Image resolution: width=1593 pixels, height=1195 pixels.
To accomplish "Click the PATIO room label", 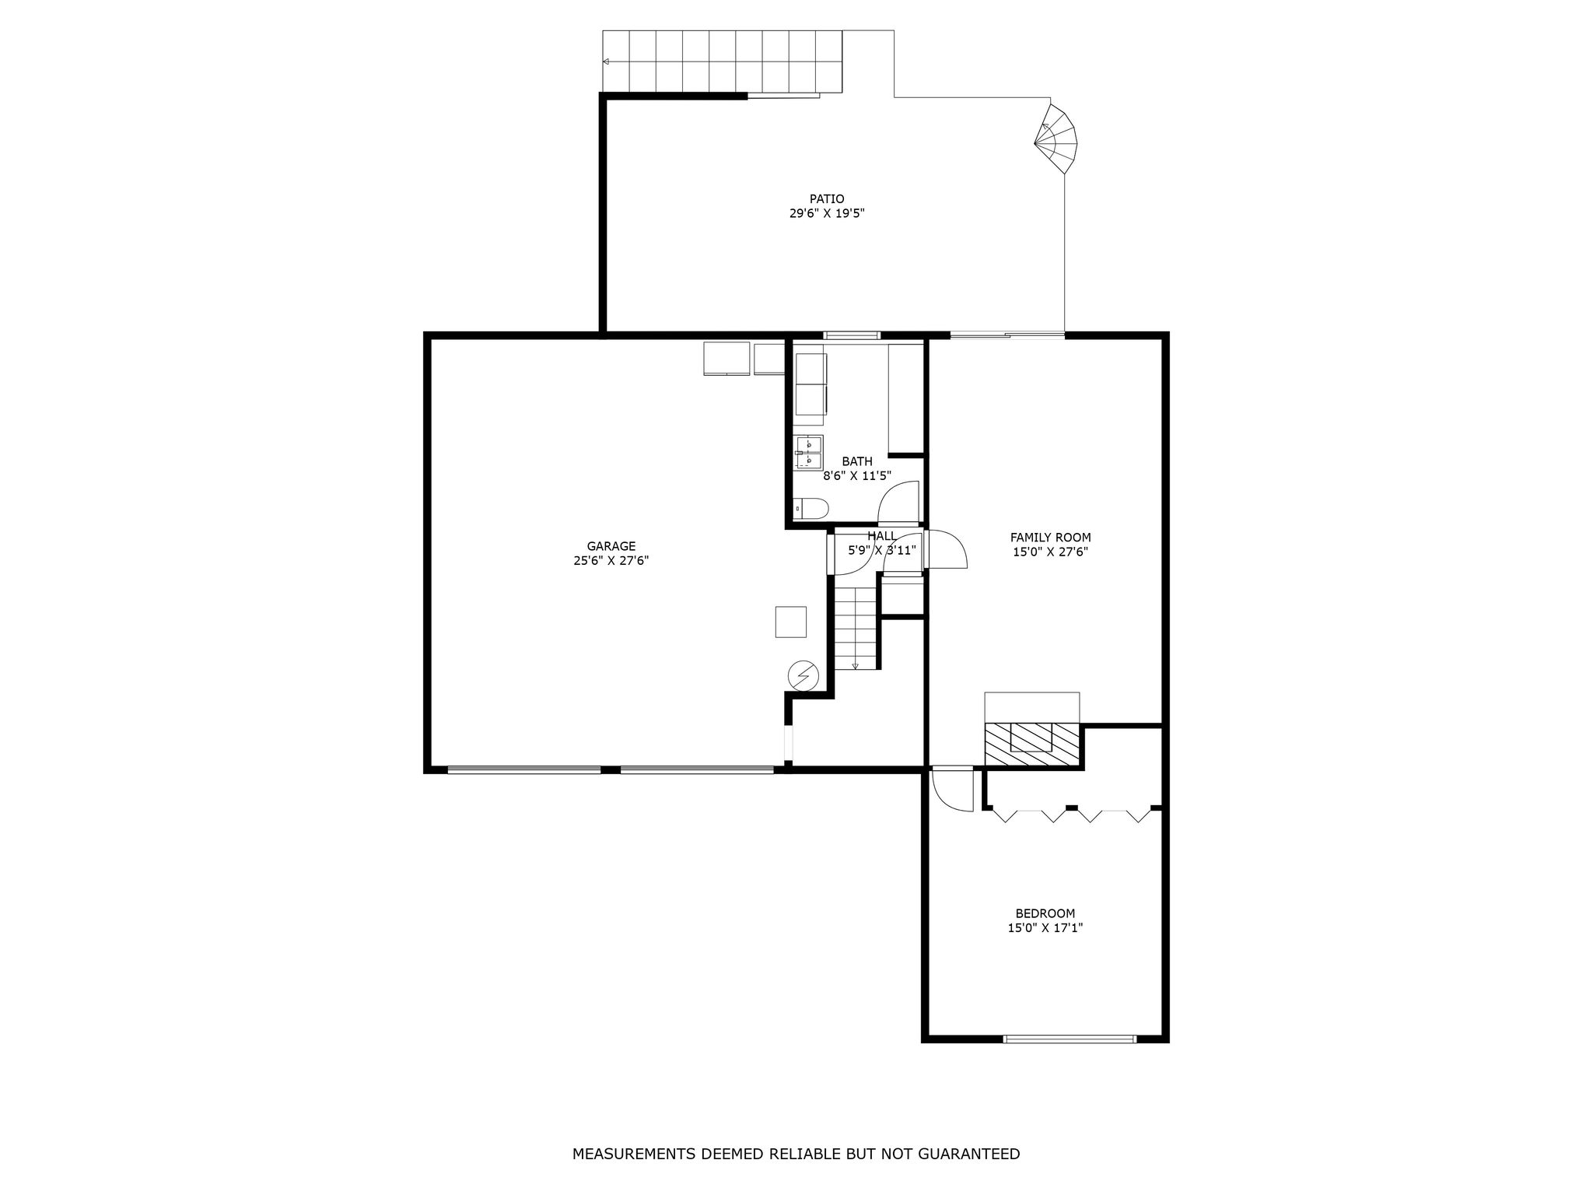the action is [x=827, y=198].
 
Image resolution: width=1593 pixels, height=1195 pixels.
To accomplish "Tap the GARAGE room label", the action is [x=611, y=546].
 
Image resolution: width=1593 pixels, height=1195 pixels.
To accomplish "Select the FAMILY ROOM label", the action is [x=1050, y=537].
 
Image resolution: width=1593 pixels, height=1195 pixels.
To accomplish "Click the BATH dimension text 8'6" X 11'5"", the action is [x=857, y=476].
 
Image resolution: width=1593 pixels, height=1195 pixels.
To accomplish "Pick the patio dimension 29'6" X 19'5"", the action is [x=827, y=213].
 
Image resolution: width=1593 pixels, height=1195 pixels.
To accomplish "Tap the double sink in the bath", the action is [x=809, y=453].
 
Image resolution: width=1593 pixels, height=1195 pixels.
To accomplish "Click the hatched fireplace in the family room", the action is [x=1032, y=745].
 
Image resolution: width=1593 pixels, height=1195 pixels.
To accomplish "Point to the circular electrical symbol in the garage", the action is [x=804, y=675].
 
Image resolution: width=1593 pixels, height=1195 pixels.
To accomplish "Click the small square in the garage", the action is [x=790, y=622].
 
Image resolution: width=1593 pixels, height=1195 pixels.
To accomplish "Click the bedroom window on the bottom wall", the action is [x=1070, y=1039].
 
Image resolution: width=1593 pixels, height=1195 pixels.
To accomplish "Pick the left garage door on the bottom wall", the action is [x=524, y=770].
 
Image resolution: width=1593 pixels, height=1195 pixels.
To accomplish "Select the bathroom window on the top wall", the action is [x=852, y=336].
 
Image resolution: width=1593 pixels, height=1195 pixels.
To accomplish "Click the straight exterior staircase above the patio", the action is [x=723, y=61].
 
